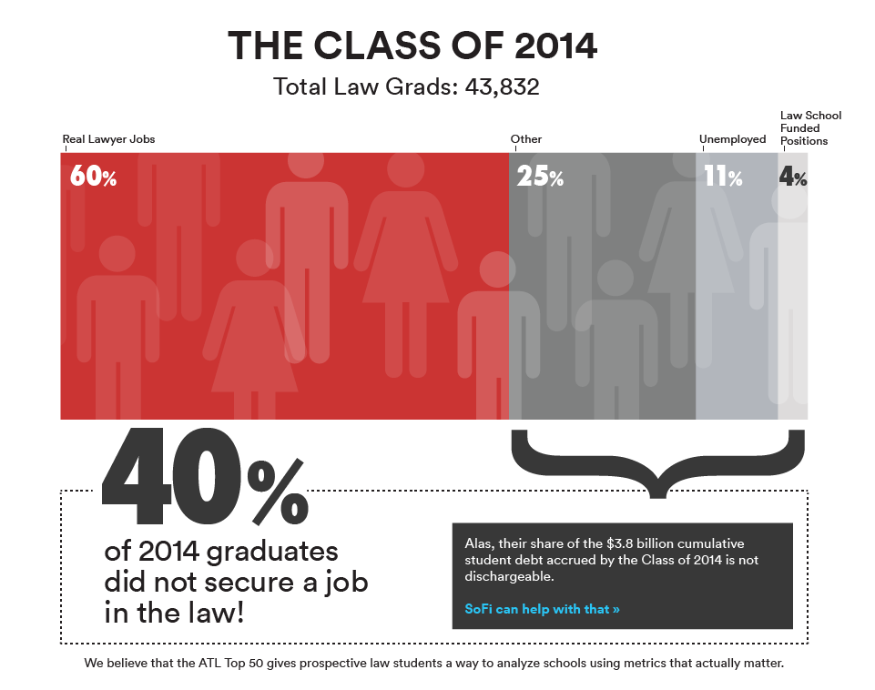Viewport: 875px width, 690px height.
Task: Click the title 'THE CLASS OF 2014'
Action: [x=412, y=46]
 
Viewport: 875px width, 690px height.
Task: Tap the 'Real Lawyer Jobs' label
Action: [x=108, y=139]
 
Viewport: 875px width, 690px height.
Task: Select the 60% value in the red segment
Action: [x=93, y=176]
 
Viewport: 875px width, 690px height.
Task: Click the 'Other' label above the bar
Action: [x=526, y=139]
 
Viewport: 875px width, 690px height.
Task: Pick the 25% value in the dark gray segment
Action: [x=540, y=176]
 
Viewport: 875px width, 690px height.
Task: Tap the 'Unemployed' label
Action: [x=732, y=139]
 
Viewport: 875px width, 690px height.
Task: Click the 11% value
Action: [x=722, y=176]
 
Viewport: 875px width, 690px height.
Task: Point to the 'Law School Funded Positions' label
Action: [x=810, y=128]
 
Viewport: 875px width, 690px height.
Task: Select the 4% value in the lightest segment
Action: [x=793, y=176]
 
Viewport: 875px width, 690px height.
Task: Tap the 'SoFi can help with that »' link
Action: [x=542, y=609]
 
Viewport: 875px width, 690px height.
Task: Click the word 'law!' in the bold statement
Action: [x=214, y=612]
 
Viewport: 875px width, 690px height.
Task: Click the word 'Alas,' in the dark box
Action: [x=481, y=543]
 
